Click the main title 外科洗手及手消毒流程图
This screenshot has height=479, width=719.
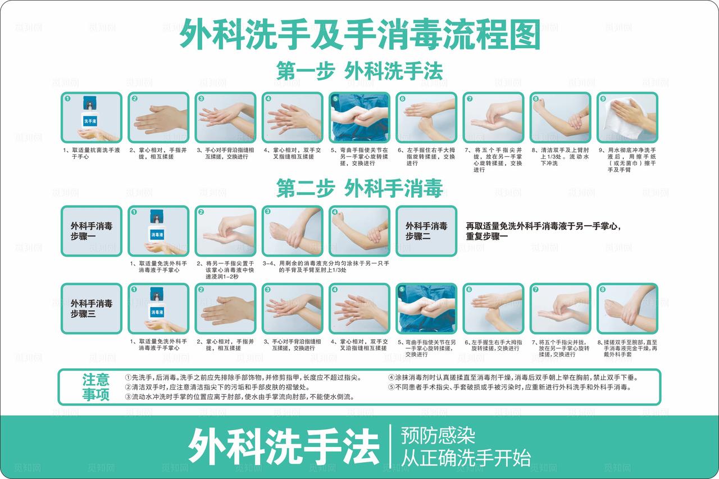click(x=359, y=35)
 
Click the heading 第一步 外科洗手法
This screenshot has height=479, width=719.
click(x=359, y=71)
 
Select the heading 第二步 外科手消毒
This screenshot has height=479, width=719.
click(x=359, y=188)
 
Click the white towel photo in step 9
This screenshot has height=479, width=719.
click(x=627, y=117)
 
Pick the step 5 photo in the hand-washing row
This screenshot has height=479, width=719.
click(x=359, y=117)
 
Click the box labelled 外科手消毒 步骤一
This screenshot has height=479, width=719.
click(x=91, y=231)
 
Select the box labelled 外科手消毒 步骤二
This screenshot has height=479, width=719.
click(x=426, y=231)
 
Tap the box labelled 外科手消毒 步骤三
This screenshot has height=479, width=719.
click(x=91, y=309)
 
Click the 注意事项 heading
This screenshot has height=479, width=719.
click(x=96, y=387)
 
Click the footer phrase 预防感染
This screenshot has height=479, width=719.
click(x=438, y=435)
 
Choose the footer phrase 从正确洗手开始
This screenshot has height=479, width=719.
click(x=466, y=458)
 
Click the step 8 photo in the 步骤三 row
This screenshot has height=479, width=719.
click(x=627, y=309)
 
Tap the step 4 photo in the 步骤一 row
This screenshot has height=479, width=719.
click(x=359, y=231)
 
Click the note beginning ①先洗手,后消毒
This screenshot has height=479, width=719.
click(x=243, y=377)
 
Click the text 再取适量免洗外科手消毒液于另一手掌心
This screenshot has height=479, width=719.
click(x=543, y=226)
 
